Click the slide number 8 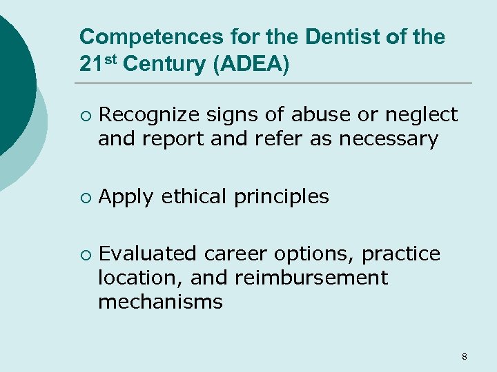[464, 356]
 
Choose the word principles [282, 198]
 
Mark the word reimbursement [311, 278]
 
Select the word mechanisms [160, 302]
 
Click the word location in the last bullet [140, 278]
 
